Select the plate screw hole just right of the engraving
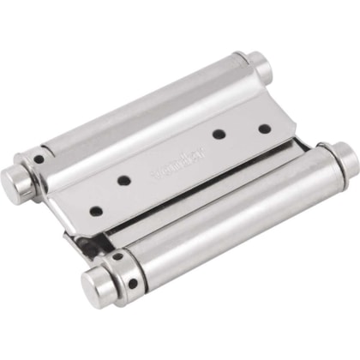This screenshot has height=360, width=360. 220,134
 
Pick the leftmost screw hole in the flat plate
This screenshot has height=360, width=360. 96,210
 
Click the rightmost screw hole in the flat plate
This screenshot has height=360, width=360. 264,129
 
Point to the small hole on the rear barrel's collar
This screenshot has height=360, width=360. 39,159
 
